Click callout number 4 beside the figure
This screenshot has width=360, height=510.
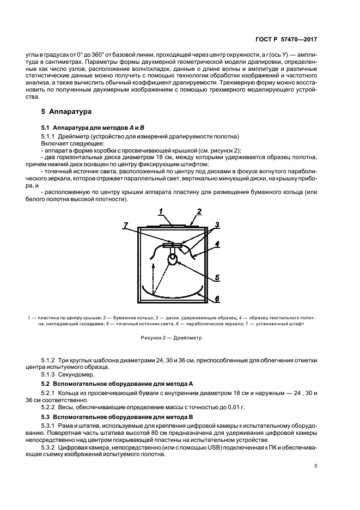(x=217, y=244)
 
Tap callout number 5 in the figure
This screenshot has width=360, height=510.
(x=217, y=277)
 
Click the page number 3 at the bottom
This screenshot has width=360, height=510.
(x=316, y=465)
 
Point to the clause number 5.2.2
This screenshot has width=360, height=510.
(x=49, y=406)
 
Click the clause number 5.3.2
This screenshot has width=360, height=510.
(x=49, y=447)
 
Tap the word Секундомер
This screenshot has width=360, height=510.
(x=76, y=374)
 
